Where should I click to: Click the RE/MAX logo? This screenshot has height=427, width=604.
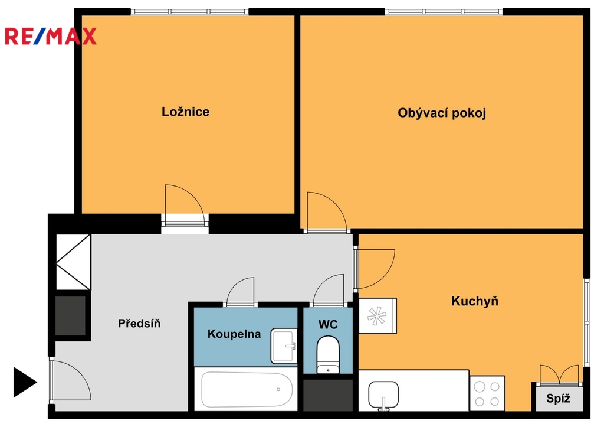click(x=51, y=36)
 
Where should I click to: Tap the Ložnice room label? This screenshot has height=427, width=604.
click(x=185, y=112)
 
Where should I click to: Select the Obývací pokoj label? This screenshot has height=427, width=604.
click(x=442, y=113)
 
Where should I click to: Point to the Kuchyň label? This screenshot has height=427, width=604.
click(x=475, y=301)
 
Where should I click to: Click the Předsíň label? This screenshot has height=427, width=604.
click(x=139, y=323)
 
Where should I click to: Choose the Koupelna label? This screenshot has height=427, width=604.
click(x=234, y=334)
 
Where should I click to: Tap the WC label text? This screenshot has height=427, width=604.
click(x=328, y=324)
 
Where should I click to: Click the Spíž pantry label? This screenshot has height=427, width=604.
click(x=558, y=399)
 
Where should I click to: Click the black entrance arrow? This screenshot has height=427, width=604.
click(x=25, y=382)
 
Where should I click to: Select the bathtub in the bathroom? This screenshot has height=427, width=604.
click(x=247, y=389)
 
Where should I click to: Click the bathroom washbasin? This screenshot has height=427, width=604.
click(x=284, y=346)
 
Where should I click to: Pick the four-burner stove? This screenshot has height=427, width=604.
click(x=487, y=393)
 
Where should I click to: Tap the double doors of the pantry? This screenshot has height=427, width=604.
click(x=559, y=375)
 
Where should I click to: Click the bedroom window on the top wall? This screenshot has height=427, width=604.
click(x=189, y=12)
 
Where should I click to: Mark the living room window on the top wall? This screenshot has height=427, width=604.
click(x=444, y=12)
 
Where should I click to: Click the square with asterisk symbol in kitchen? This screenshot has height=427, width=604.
click(x=377, y=316)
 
